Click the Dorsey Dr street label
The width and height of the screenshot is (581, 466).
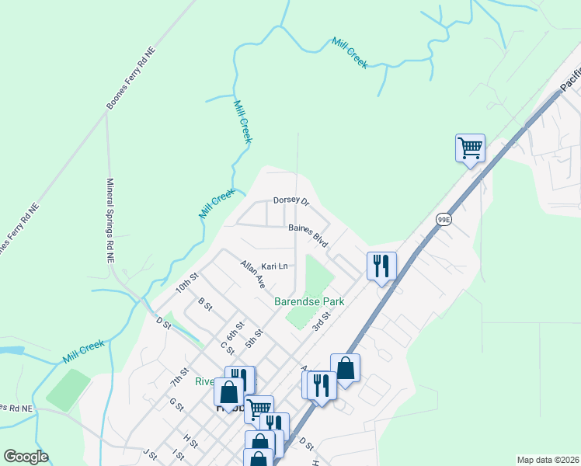pyautogui.click(x=291, y=202)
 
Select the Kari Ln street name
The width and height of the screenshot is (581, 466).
pyautogui.click(x=274, y=266)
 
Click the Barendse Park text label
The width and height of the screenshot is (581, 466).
pyautogui.click(x=309, y=301)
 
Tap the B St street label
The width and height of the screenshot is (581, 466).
pyautogui.click(x=205, y=304)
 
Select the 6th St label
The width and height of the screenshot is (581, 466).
pyautogui.click(x=235, y=330)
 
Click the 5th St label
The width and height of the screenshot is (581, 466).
pyautogui.click(x=254, y=338)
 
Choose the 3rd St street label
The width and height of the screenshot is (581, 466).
pyautogui.click(x=322, y=320)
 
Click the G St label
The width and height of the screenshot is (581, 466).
pyautogui.click(x=176, y=405)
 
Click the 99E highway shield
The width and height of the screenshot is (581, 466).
pyautogui.click(x=444, y=220)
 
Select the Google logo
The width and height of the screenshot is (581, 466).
pyautogui.click(x=26, y=457)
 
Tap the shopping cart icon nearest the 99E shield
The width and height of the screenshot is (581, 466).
pyautogui.click(x=470, y=148)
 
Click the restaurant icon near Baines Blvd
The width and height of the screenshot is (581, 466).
pyautogui.click(x=381, y=266)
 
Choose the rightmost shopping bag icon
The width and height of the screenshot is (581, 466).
pyautogui.click(x=345, y=368)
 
